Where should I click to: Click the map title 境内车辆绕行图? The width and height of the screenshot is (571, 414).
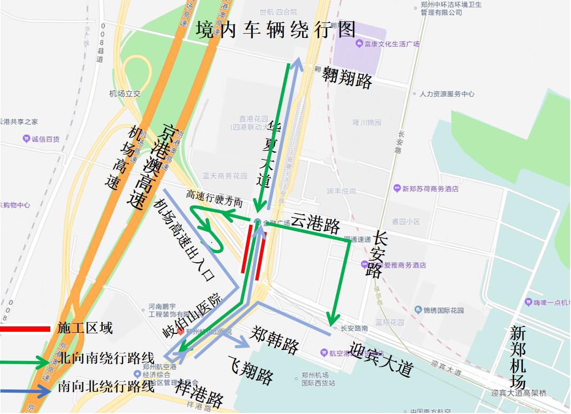pos(275,30)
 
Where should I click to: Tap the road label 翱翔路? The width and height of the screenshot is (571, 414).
pos(347,81)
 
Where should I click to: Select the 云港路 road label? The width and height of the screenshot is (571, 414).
pos(315,224)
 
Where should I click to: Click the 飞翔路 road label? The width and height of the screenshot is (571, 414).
pos(251,370)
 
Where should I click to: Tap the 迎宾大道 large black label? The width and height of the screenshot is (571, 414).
pos(380,358)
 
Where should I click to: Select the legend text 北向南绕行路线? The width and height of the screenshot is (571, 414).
pos(107,357)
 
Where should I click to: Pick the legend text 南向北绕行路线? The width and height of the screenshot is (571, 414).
pos(106,386)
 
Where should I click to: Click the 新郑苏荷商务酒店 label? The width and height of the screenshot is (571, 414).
pos(431,189)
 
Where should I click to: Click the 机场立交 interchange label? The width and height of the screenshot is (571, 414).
pos(125,93)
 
